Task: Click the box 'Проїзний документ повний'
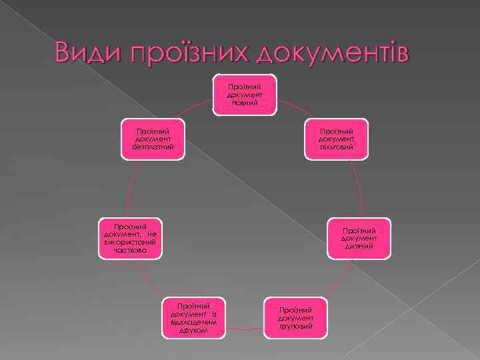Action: [245, 95]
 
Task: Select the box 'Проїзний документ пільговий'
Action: [335, 139]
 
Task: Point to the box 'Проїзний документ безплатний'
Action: [153, 139]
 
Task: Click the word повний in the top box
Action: [245, 103]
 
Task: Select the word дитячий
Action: [359, 247]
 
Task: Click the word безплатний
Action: [153, 147]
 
